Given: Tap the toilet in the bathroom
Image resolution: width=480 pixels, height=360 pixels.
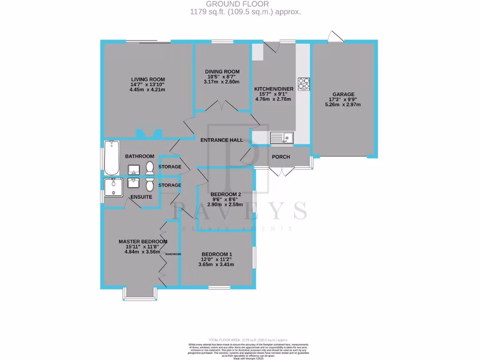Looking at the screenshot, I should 150,167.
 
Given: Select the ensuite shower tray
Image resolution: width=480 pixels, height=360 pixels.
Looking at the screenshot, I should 113,187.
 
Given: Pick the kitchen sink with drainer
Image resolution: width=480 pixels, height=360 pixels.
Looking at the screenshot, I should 281,137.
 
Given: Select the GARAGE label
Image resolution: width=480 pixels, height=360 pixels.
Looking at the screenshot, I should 344,94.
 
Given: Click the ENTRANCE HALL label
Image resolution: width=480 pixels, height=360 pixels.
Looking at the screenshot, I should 221,141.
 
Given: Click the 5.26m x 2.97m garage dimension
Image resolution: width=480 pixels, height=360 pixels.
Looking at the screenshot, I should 344,105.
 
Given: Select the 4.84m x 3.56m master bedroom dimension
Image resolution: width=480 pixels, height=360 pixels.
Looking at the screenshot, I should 142,252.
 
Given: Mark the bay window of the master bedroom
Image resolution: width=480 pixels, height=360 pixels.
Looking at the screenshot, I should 140,293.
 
